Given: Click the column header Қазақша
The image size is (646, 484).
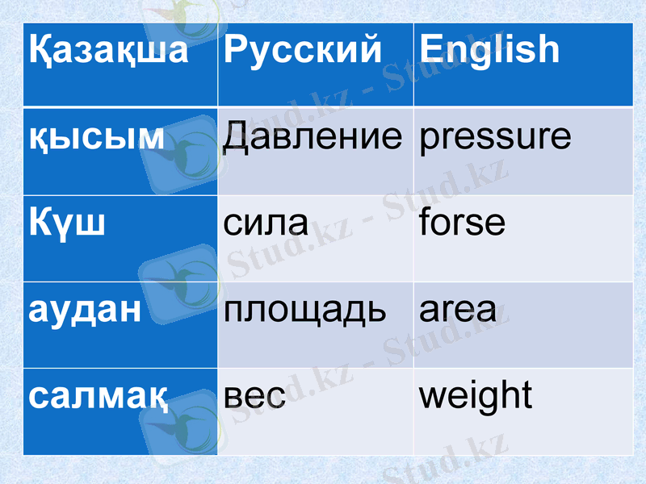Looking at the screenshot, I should (x=108, y=50).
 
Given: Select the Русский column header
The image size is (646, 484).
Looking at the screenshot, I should (x=302, y=50).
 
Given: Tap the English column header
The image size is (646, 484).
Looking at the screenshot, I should (x=489, y=50).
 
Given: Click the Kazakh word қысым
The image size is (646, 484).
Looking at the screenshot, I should (x=97, y=137).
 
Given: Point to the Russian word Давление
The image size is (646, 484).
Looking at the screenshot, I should (x=312, y=137).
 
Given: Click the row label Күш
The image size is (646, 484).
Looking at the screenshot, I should (x=67, y=222).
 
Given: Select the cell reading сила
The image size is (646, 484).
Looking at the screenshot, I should (x=266, y=223).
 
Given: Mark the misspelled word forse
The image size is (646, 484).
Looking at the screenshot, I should (x=463, y=221).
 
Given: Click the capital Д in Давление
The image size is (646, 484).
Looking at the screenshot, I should (x=236, y=137).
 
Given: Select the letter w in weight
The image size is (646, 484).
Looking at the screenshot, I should (x=433, y=396).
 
